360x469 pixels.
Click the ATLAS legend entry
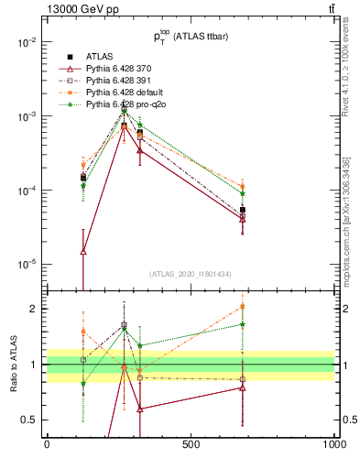click(x=100, y=57)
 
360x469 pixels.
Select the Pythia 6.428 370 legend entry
click(x=125, y=69)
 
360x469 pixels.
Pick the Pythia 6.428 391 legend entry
click(x=125, y=81)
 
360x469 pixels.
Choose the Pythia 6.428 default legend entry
click(x=129, y=93)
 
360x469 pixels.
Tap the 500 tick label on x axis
click(x=191, y=445)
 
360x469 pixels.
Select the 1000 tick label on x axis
click(x=333, y=445)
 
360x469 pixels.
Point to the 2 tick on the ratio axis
click(x=35, y=309)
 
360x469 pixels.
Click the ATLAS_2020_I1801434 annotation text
click(x=191, y=275)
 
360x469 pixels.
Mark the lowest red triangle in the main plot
click(x=83, y=251)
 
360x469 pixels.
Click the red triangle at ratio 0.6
click(x=139, y=409)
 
